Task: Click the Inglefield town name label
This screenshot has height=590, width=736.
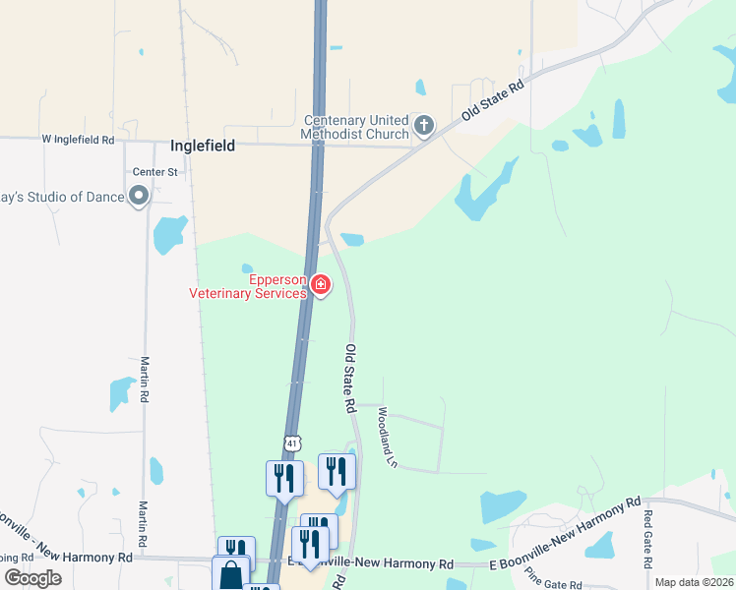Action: (x=206, y=145)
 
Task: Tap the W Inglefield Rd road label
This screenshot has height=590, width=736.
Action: (x=78, y=140)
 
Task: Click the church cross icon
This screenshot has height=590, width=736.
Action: (x=424, y=125)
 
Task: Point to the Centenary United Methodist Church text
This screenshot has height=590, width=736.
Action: (x=356, y=127)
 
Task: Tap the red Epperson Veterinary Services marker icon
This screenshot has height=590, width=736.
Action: (x=320, y=284)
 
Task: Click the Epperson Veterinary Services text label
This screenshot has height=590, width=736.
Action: (x=248, y=285)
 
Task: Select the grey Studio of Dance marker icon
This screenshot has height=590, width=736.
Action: (x=139, y=197)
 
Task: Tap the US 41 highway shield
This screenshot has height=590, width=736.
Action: (x=291, y=443)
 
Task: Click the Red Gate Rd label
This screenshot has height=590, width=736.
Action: (x=647, y=540)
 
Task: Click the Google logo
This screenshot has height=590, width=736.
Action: (x=32, y=578)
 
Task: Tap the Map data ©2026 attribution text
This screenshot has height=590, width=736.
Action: (x=693, y=582)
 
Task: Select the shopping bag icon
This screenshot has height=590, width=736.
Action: (x=230, y=573)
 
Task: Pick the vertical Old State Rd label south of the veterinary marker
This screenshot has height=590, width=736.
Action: (x=349, y=378)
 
